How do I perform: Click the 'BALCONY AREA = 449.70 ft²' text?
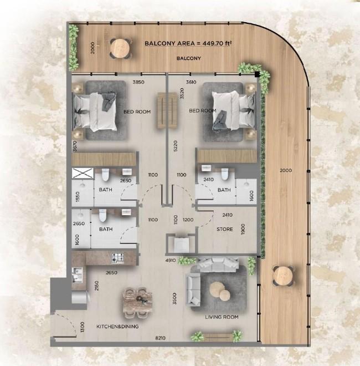[x=188, y=43]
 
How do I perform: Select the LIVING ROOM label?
[x=222, y=317]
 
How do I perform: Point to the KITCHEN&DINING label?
[x=117, y=327]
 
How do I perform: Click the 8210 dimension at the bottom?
[x=161, y=337]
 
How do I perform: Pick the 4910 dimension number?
[x=171, y=260]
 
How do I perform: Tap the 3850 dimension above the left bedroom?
[x=138, y=83]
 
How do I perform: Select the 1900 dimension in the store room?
[x=243, y=229]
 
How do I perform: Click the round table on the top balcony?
[x=120, y=48]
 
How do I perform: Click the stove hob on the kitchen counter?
[x=118, y=258]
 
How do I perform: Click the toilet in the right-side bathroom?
[x=225, y=175]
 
